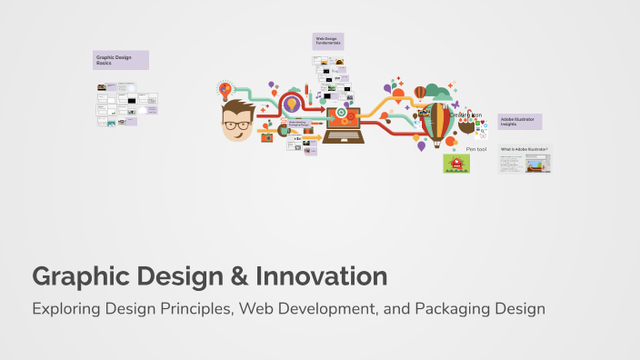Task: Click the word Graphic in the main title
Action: [x=78, y=276]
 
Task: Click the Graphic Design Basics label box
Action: [x=121, y=60]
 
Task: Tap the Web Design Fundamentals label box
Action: [x=328, y=41]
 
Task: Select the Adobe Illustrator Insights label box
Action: [x=519, y=121]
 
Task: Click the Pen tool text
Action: [x=476, y=148]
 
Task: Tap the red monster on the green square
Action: [x=455, y=164]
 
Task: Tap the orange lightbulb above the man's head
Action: [x=225, y=90]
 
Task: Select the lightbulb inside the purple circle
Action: [x=292, y=105]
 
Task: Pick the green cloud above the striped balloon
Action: [x=437, y=92]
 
